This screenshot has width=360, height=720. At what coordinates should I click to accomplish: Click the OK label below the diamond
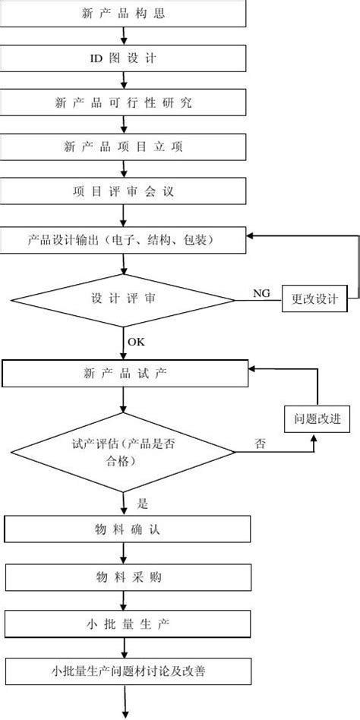[x=136, y=342]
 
